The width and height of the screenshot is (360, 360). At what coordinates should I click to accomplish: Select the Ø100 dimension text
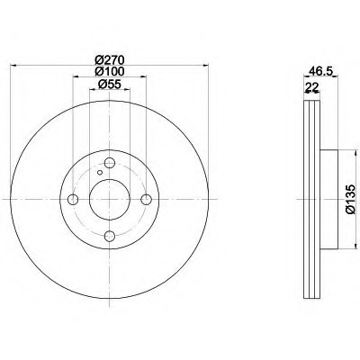point(110,72)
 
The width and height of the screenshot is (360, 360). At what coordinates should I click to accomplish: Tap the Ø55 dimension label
point(110,85)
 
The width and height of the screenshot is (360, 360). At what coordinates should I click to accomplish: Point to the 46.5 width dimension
point(321,71)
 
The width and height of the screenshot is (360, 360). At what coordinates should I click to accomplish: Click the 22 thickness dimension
point(311,87)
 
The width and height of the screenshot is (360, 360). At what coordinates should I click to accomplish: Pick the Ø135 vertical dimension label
point(351,199)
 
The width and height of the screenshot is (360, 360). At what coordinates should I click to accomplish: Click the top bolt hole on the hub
point(110,163)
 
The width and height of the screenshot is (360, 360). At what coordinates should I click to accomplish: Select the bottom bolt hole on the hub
point(110,236)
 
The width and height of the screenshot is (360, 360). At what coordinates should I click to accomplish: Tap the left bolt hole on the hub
point(73,199)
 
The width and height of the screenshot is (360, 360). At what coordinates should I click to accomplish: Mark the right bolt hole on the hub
point(147,199)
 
